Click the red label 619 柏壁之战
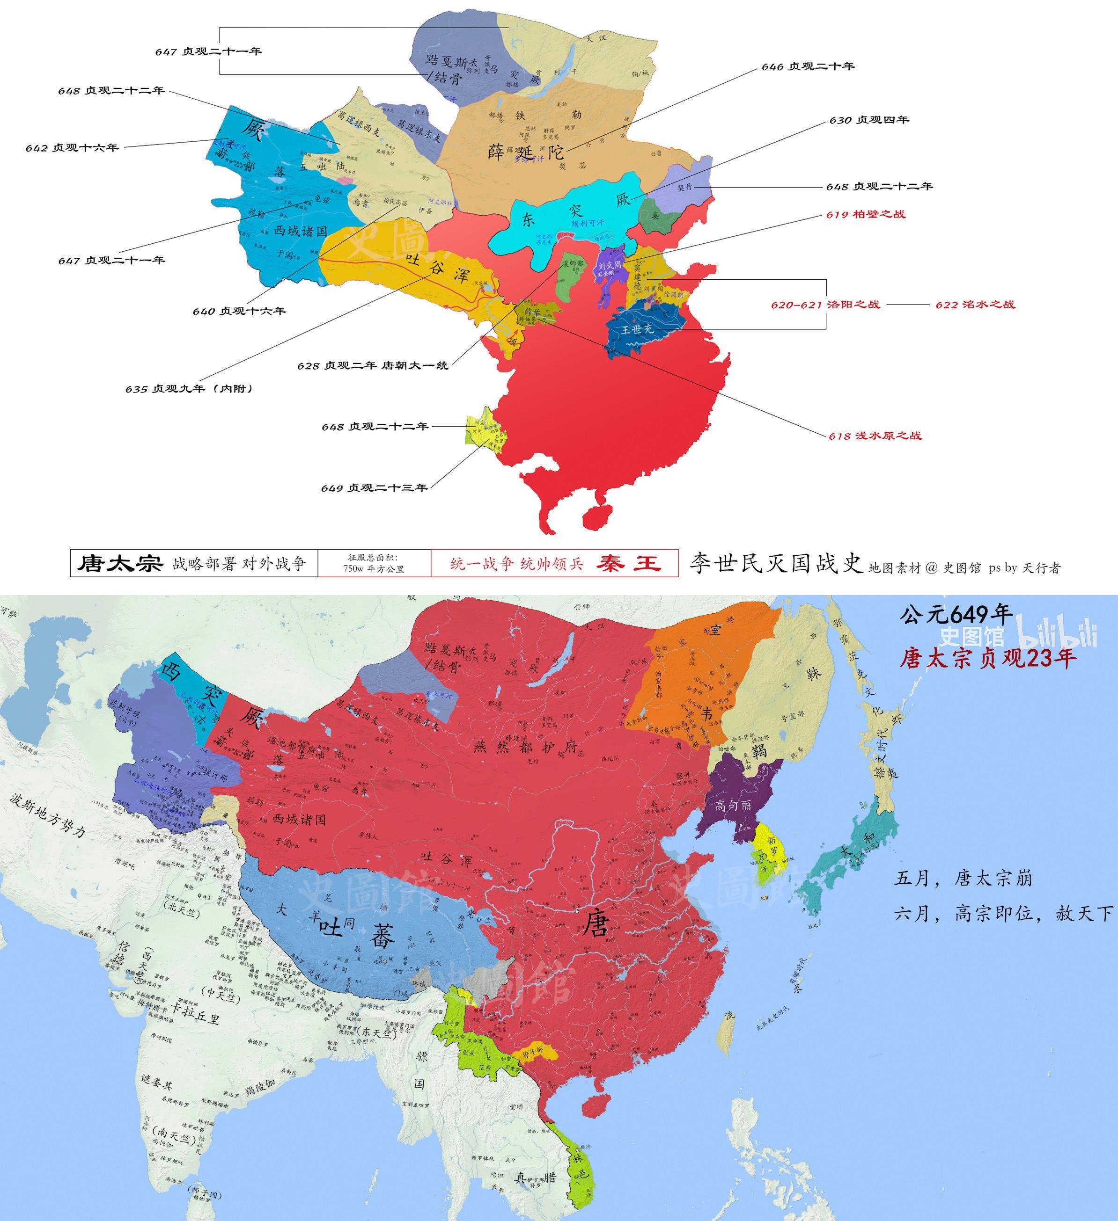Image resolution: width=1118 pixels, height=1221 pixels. coord(865,214)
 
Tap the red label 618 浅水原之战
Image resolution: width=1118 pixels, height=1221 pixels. coord(875,436)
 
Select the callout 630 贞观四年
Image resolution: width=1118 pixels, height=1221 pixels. coord(869,120)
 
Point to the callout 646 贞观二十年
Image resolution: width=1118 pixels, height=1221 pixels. coord(808,66)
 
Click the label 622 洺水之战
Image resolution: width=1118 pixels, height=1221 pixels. coord(974,304)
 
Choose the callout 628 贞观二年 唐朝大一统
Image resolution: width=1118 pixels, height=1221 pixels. coord(372,365)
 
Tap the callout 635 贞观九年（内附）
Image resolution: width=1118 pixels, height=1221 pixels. coord(189,388)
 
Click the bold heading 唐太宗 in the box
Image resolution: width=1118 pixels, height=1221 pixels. coord(119,563)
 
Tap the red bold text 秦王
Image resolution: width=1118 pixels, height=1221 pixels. coord(628,563)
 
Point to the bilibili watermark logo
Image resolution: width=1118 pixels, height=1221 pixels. coord(1058,637)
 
